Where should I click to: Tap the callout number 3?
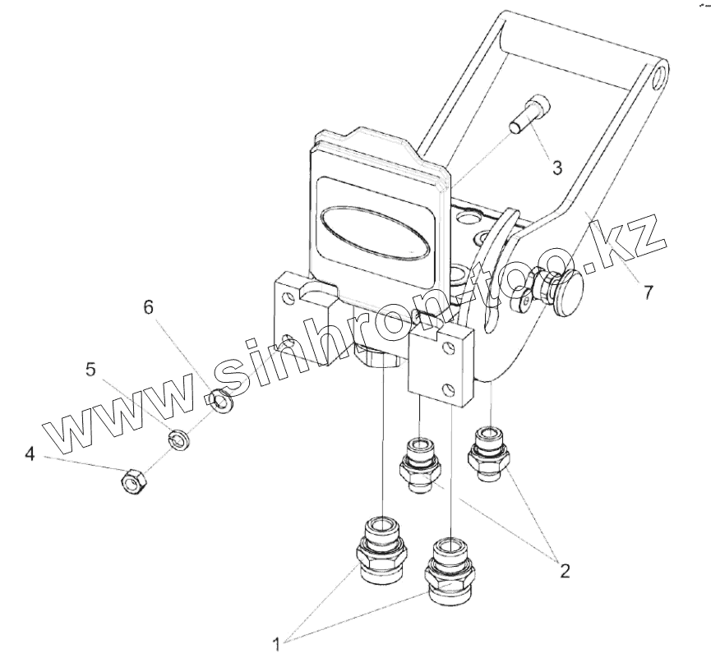point(556,168)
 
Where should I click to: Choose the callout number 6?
point(148,307)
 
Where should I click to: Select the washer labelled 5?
point(178,440)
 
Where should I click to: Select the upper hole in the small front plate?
point(446,347)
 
